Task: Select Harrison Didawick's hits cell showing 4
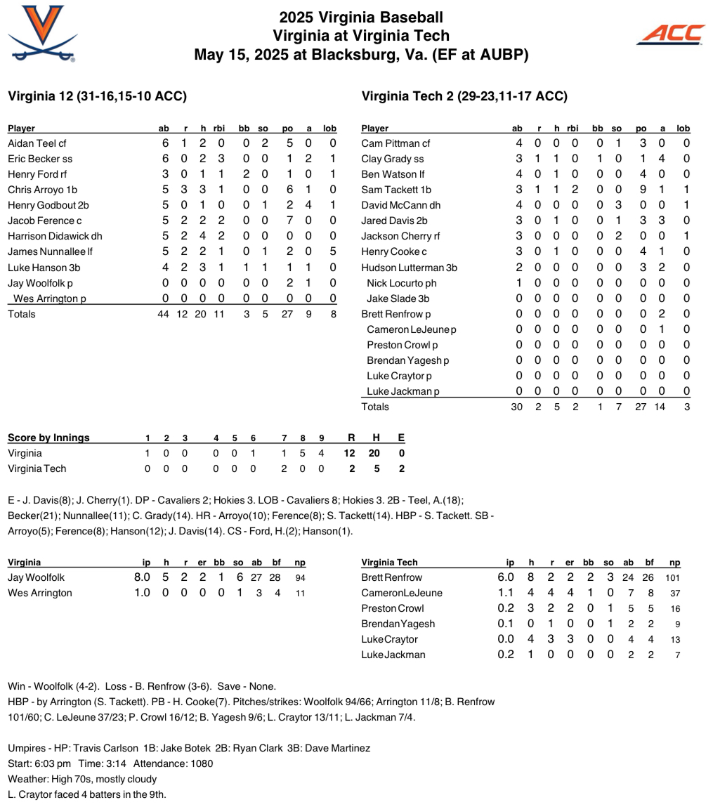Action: (x=202, y=236)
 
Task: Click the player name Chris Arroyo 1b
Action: (x=42, y=190)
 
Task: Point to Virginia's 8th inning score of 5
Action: (x=302, y=453)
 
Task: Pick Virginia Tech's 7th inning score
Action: (x=284, y=468)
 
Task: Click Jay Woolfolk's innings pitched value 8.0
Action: (x=142, y=577)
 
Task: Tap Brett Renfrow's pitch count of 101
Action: (x=672, y=577)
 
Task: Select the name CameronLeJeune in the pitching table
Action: (x=402, y=593)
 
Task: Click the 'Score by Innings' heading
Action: (x=48, y=438)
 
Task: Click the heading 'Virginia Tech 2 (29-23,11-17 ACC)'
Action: (x=464, y=96)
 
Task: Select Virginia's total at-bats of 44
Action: (x=163, y=314)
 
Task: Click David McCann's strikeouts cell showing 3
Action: (x=618, y=205)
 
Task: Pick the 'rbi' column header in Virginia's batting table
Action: (x=218, y=129)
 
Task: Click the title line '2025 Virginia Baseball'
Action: (x=361, y=18)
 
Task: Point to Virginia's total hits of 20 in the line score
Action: (x=375, y=453)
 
